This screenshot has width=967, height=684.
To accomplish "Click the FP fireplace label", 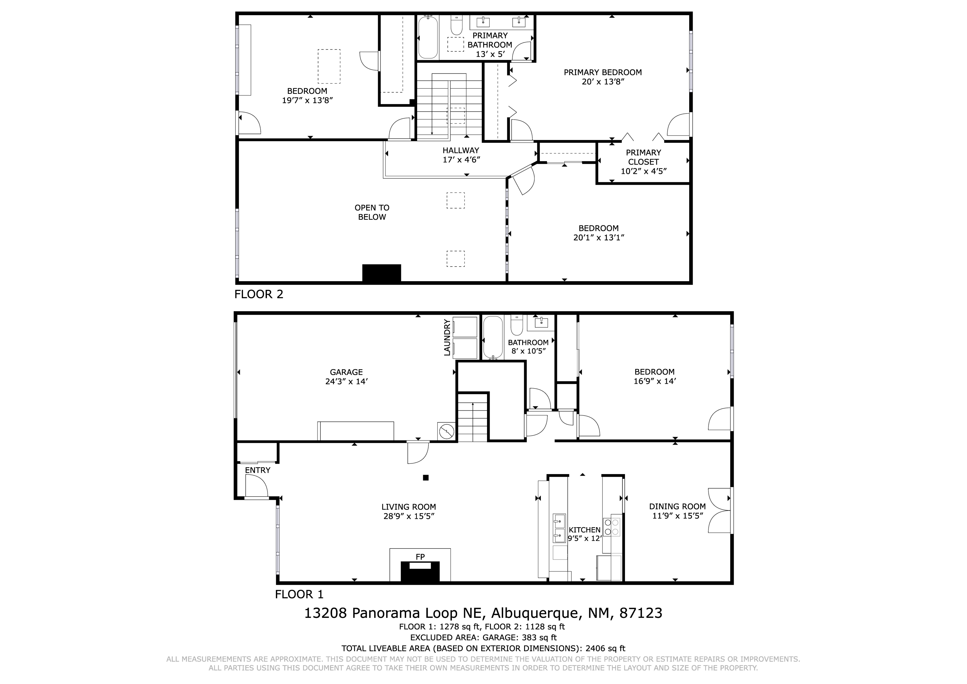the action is pyautogui.click(x=420, y=557).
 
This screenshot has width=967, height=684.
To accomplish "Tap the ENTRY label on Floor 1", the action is pyautogui.click(x=257, y=470).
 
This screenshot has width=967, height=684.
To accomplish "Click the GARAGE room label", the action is pyautogui.click(x=346, y=372).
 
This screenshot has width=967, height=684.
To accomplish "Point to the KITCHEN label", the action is pyautogui.click(x=585, y=530).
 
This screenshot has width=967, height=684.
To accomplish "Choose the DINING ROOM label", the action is pyautogui.click(x=677, y=507).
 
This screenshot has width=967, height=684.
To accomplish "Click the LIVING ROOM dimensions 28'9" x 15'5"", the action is pyautogui.click(x=408, y=516).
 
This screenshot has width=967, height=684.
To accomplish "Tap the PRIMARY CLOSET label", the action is pyautogui.click(x=643, y=157).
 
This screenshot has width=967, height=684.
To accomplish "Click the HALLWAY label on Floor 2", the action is pyautogui.click(x=461, y=151).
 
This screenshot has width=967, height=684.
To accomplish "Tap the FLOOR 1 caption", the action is pyautogui.click(x=299, y=594).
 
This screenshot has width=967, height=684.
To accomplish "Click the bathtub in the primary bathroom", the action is pyautogui.click(x=428, y=37).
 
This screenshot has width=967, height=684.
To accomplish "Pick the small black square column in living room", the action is pyautogui.click(x=426, y=478).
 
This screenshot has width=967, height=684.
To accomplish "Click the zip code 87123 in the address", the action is pyautogui.click(x=640, y=613).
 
